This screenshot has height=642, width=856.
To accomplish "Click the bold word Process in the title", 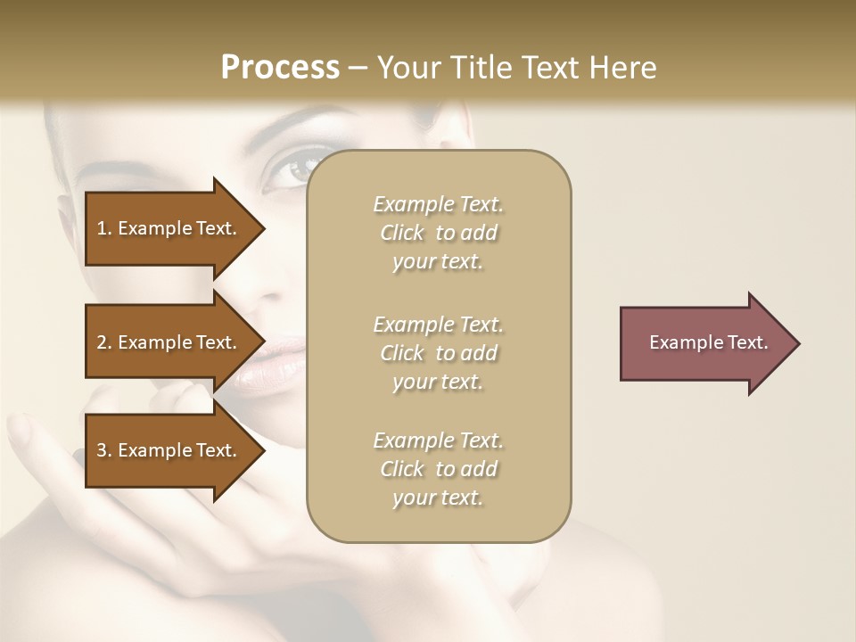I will [x=280, y=68].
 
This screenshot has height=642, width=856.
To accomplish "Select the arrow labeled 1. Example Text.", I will [x=169, y=228].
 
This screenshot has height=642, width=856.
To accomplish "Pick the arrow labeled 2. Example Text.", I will [x=169, y=342].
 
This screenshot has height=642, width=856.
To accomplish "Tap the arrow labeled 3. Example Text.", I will [x=169, y=450].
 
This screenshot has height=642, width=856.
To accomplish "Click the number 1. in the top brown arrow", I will [x=104, y=228].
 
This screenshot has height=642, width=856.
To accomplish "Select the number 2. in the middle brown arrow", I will [x=104, y=342].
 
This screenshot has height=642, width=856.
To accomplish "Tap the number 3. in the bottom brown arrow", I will [x=104, y=450].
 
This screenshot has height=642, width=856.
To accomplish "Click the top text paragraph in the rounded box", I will [x=438, y=233].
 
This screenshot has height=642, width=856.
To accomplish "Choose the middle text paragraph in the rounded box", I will [x=438, y=353].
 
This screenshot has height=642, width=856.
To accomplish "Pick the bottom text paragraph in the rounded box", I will [x=438, y=469].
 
